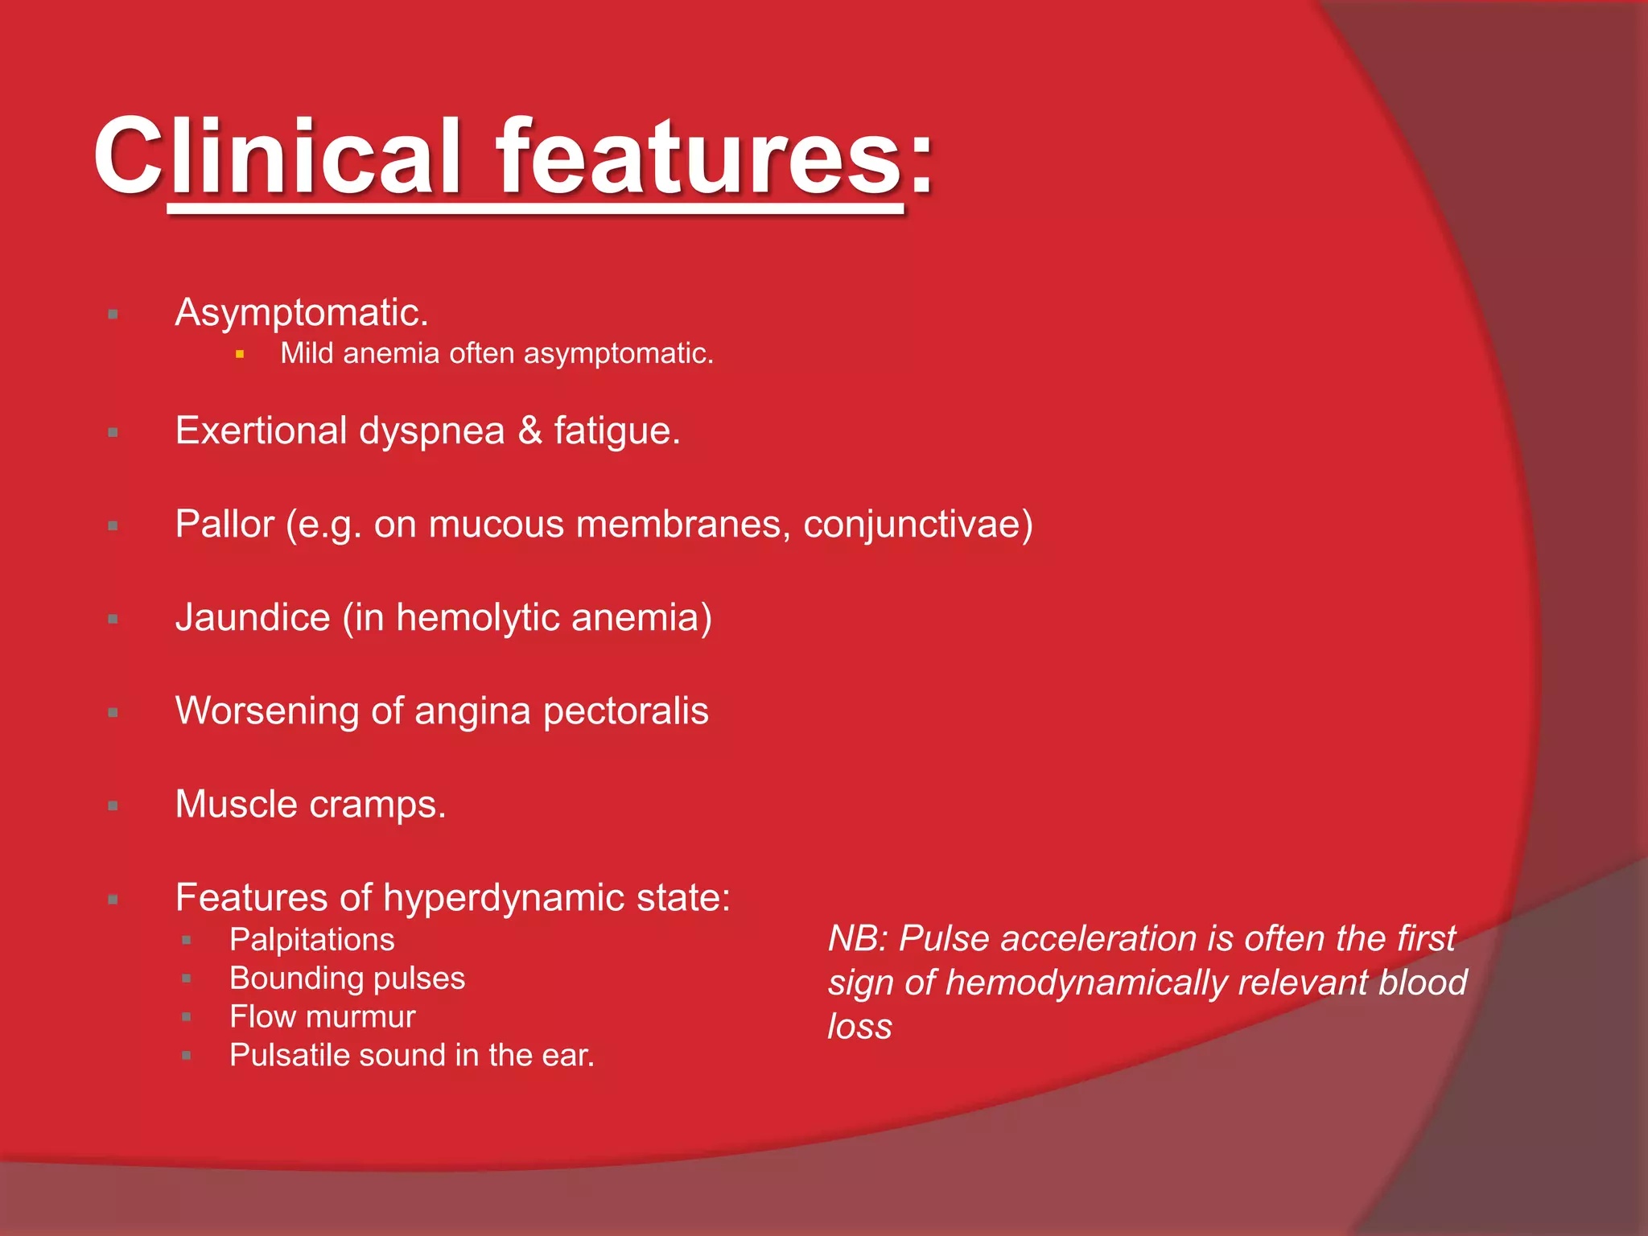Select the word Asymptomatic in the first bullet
pos(298,313)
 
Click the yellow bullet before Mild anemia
pos(240,354)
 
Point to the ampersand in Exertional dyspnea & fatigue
pos(529,431)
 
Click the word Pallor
pos(225,525)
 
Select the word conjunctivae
pos(913,525)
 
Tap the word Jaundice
pos(253,618)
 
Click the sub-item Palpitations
pos(311,940)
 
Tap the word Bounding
pos(283,978)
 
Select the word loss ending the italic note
pos(859,1027)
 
